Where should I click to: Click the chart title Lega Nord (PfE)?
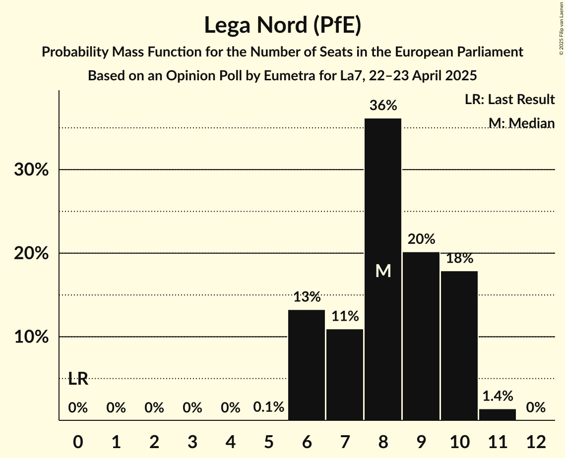click(x=282, y=25)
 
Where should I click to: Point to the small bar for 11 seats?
click(x=498, y=414)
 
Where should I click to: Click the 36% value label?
click(x=383, y=106)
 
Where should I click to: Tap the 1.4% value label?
click(x=498, y=396)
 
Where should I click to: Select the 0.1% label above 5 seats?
click(x=268, y=407)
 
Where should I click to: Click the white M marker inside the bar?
click(x=383, y=271)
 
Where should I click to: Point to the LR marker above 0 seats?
click(x=78, y=379)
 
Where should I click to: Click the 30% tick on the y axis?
click(x=31, y=170)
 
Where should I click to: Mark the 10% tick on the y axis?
click(x=31, y=338)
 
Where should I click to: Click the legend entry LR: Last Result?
click(x=509, y=100)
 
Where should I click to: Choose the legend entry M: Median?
click(x=521, y=123)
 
